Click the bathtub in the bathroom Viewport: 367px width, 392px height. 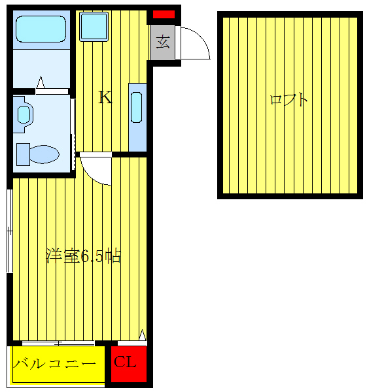40,30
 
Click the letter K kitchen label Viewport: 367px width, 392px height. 105,98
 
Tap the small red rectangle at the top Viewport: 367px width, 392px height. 164,14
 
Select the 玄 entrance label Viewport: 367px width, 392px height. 164,44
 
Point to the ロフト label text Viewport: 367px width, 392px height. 288,101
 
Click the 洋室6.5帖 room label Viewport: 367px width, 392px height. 83,256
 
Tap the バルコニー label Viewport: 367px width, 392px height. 58,364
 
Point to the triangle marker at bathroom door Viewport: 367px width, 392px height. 41,83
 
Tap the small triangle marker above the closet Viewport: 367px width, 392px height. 142,335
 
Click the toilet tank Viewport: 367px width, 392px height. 23,154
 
